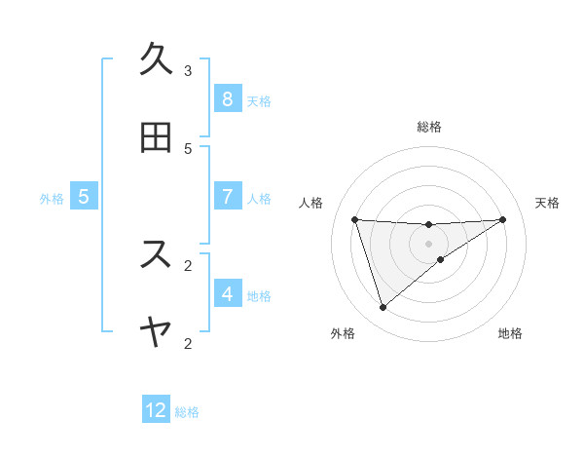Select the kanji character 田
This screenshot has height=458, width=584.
[155, 137]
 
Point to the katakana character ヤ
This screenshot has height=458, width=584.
[155, 332]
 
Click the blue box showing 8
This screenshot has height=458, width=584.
[227, 99]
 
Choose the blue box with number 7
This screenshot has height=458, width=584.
[227, 197]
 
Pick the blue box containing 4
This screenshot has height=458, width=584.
[227, 294]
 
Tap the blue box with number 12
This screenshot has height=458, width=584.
[156, 410]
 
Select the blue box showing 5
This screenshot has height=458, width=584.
[84, 197]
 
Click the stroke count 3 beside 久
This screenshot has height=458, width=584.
[188, 70]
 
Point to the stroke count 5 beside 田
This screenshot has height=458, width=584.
[188, 148]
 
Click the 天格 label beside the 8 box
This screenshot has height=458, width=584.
[259, 100]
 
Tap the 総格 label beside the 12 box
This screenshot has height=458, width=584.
[187, 412]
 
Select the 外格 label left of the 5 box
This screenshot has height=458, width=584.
[52, 198]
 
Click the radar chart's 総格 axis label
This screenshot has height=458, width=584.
[429, 127]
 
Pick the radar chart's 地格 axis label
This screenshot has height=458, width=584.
[510, 333]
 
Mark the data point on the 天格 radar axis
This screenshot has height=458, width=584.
[502, 219]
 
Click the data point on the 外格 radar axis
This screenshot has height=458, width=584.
[383, 308]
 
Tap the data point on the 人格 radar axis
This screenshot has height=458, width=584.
[354, 219]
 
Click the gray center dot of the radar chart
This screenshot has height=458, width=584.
[429, 244]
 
